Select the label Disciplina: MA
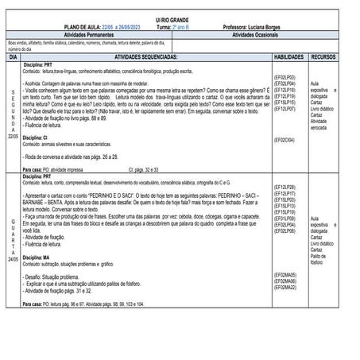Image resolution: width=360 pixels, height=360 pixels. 36,258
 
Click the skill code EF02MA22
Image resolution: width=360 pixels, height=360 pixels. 285,287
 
